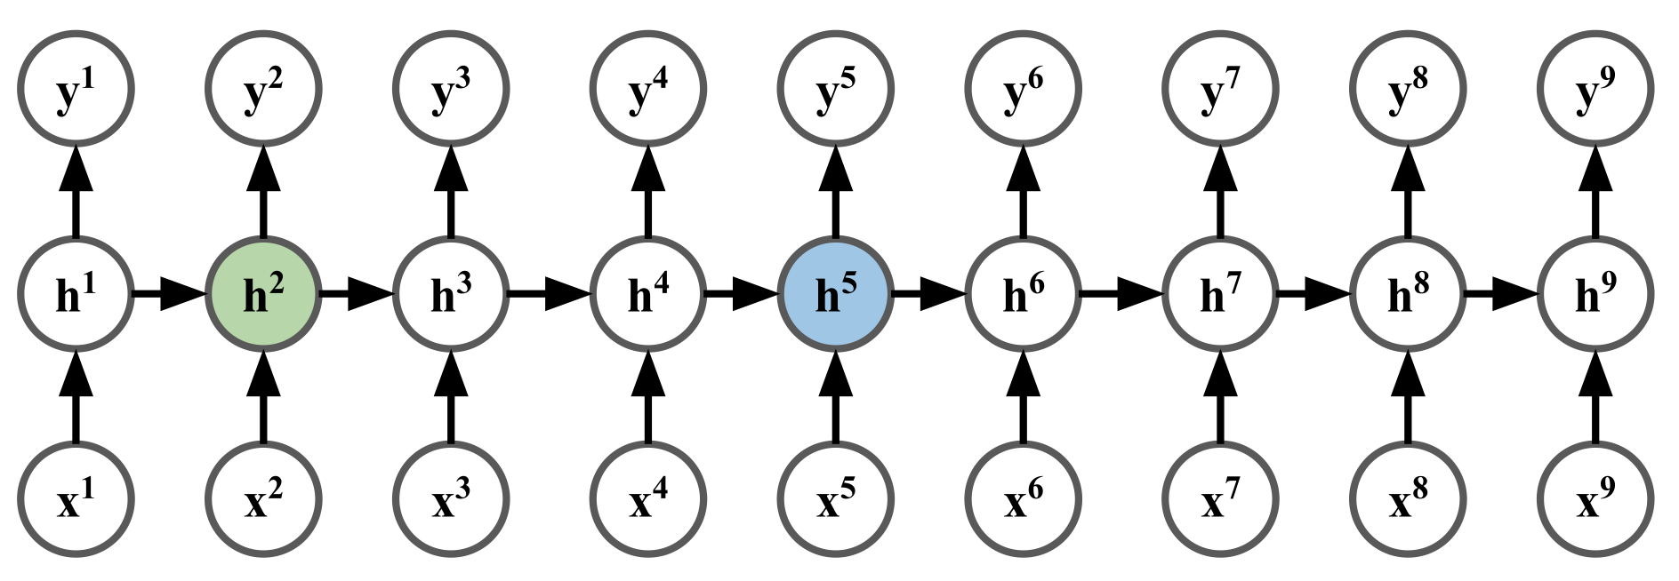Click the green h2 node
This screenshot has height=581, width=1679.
coord(263,294)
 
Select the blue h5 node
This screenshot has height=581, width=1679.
coord(835,294)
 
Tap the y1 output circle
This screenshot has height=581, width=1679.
coord(76,89)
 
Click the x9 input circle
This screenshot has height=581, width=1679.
coord(1595,498)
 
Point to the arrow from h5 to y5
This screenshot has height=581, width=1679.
coord(835,191)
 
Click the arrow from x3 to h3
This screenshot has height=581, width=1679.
coord(451,396)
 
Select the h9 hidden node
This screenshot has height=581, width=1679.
coord(1595,294)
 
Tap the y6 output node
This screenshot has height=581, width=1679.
coord(1023,89)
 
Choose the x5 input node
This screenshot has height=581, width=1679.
coord(835,498)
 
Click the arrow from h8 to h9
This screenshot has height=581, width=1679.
coord(1501,294)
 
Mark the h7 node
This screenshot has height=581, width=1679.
coord(1219,294)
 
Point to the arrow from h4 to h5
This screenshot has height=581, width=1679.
coord(742,294)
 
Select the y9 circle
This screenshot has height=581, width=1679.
coord(1595,89)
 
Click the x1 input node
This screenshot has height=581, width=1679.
coord(76,498)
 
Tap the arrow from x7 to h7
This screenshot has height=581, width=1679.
coord(1219,396)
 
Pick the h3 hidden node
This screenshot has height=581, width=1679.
coord(451,294)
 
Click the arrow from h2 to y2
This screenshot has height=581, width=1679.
coord(263,191)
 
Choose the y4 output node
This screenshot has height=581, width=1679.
coord(647,89)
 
